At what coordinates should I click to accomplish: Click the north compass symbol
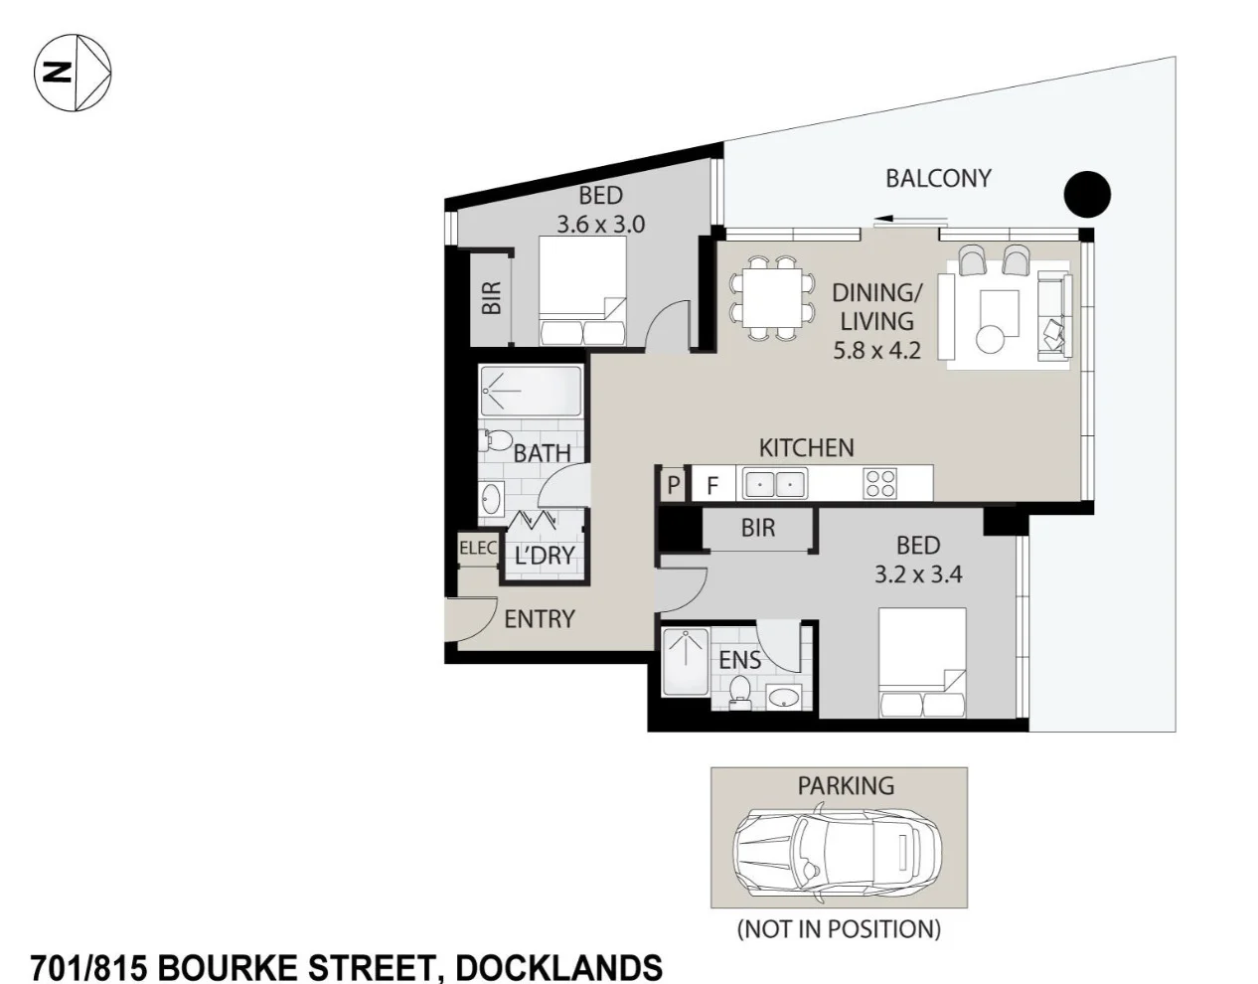tap(73, 72)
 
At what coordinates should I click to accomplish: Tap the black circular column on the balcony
tap(1086, 194)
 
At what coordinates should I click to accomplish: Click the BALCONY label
tap(938, 178)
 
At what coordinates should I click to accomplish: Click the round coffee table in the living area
tap(992, 339)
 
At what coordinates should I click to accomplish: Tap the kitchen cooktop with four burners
tap(880, 484)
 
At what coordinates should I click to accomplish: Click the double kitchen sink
tap(773, 485)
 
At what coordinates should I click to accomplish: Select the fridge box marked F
tap(712, 486)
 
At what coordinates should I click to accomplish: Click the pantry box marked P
tap(673, 485)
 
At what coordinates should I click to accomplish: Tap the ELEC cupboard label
tap(477, 548)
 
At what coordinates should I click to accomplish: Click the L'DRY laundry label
tap(545, 556)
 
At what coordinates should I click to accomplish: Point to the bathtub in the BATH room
tap(530, 392)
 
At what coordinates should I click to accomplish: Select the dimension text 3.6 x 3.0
tap(600, 225)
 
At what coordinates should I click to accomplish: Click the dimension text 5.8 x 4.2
tap(876, 350)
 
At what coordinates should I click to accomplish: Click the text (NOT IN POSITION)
tap(838, 929)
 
